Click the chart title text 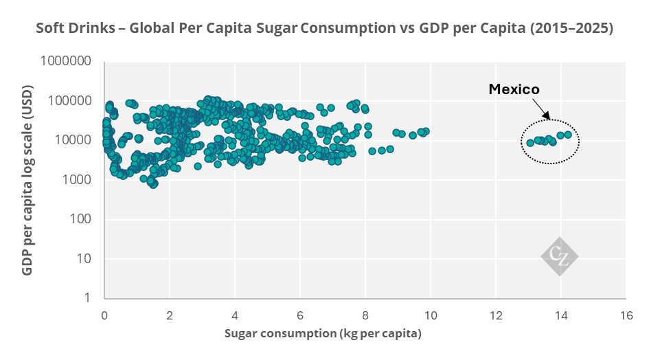point(324,30)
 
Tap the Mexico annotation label point(514,89)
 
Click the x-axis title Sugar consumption point(323,334)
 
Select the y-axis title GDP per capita point(27,180)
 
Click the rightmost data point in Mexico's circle point(568,135)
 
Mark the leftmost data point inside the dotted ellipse point(530,143)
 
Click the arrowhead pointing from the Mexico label point(547,119)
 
